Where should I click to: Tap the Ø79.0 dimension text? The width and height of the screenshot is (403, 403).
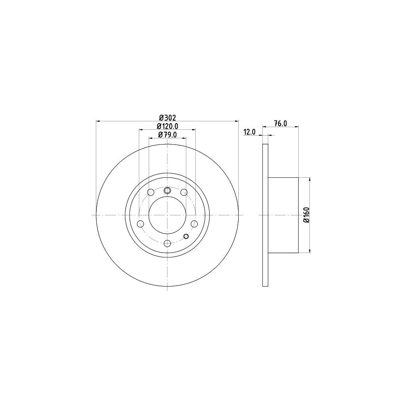(167, 134)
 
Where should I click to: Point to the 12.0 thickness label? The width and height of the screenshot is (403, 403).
(249, 132)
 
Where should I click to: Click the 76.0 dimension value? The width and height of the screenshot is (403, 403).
(280, 124)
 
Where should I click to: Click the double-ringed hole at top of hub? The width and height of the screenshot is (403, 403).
(167, 191)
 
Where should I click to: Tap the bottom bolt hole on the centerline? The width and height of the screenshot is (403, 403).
(167, 243)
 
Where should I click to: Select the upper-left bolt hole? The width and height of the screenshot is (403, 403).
(151, 192)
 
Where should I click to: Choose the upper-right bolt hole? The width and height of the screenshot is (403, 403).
(184, 192)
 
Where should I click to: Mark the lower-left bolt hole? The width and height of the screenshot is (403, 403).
(141, 223)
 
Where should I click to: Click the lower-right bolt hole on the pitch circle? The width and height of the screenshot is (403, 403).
(194, 223)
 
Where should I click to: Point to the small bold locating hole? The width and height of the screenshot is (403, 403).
(186, 236)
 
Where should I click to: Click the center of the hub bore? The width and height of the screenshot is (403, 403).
(167, 215)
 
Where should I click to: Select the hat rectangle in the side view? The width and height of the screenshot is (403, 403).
(283, 215)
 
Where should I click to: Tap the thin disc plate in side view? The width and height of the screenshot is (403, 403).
(265, 215)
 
